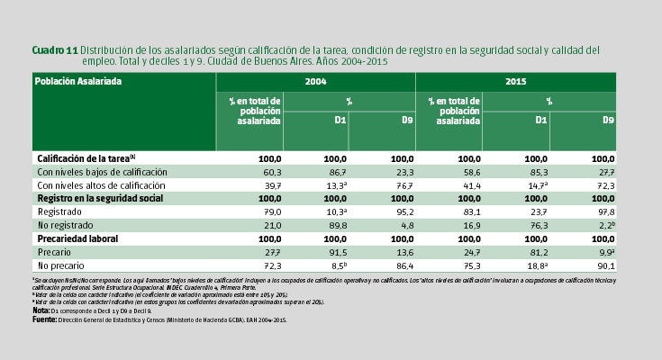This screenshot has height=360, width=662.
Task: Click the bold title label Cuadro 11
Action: [x=54, y=49]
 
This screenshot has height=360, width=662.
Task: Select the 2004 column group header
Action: [x=315, y=81]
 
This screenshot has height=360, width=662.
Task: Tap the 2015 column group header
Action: [x=516, y=81]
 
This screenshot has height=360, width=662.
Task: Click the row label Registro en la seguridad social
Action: [x=99, y=197]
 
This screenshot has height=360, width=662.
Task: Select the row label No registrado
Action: [x=65, y=225]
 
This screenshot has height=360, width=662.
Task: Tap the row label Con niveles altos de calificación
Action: [x=101, y=184]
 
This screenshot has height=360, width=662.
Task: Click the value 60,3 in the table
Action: [x=271, y=171]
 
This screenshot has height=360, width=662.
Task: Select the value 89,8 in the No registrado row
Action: [x=336, y=225]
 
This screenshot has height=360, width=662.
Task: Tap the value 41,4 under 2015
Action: [x=471, y=184]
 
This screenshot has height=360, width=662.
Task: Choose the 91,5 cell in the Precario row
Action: [x=336, y=253]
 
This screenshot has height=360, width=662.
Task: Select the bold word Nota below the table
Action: [x=41, y=310]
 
